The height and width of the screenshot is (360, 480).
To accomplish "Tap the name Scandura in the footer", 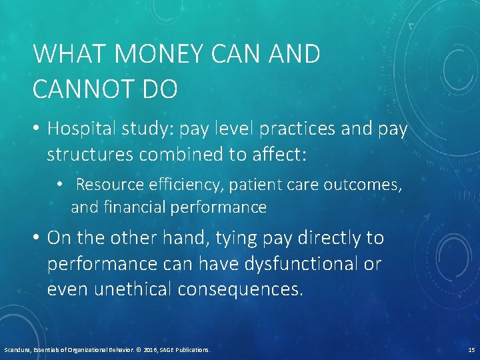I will pyautogui.click(x=17, y=349).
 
